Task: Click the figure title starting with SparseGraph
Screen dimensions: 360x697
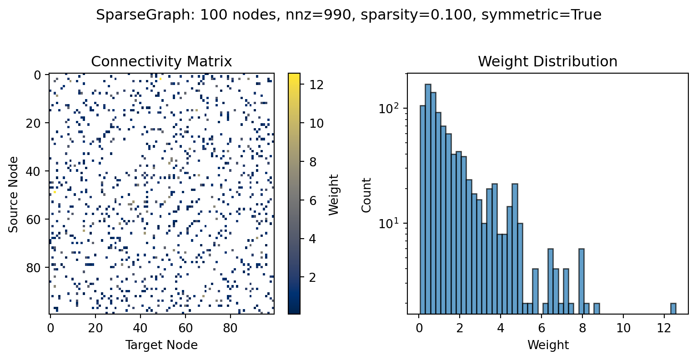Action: pos(349,15)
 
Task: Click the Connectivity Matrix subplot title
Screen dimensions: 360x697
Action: pos(161,62)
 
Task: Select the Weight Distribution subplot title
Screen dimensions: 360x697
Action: pos(547,62)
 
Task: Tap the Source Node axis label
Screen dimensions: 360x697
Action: pos(14,194)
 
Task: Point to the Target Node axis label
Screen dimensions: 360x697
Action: pos(161,345)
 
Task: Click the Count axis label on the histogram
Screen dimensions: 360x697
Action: pos(366,195)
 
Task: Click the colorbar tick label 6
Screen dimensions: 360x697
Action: pos(313,200)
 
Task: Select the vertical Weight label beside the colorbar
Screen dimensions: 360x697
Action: pos(334,194)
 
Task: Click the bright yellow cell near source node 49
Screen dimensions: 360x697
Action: pos(55,192)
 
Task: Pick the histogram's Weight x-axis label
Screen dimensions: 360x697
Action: pos(547,345)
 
